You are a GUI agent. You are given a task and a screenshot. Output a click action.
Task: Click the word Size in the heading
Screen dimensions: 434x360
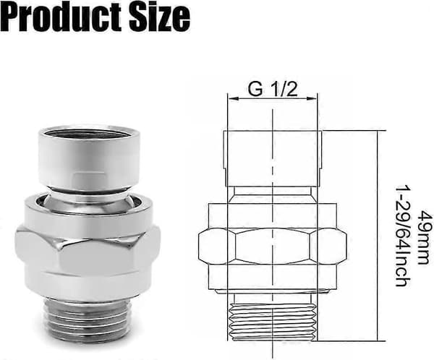pyautogui.click(x=160, y=17)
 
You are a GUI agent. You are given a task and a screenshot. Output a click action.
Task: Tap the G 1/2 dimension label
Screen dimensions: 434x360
pyautogui.click(x=273, y=90)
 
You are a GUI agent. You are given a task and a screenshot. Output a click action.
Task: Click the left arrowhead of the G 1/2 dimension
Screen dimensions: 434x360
pyautogui.click(x=232, y=98)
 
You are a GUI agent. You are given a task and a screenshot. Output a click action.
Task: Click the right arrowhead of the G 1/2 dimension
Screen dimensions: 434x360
pyautogui.click(x=312, y=98)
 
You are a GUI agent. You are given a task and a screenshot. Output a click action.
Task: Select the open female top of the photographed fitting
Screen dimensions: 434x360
pyautogui.click(x=89, y=156)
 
